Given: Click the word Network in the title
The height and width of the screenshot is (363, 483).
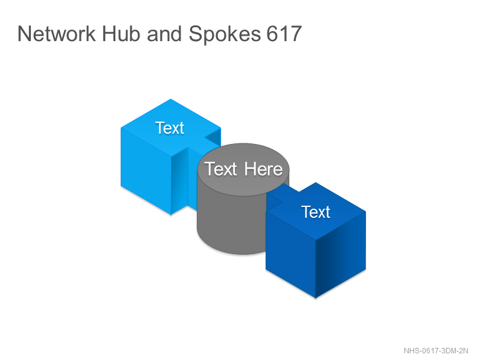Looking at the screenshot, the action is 56,34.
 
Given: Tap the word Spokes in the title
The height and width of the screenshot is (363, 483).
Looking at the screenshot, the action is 225,34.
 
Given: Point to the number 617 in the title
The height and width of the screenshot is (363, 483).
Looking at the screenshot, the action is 284,34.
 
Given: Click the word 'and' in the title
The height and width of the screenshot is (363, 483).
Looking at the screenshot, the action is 164,34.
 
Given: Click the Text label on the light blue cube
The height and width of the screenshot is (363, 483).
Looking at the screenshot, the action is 170,128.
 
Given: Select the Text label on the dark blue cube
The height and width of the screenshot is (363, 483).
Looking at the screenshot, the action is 316,212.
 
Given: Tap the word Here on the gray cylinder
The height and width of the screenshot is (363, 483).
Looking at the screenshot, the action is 263,169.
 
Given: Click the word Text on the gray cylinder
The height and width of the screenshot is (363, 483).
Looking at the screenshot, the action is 220,169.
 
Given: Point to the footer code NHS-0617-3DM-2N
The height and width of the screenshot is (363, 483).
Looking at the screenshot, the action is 436,351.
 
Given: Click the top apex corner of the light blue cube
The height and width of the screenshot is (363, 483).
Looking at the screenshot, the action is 171,99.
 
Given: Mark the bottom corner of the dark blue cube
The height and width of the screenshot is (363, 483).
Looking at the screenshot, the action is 316,298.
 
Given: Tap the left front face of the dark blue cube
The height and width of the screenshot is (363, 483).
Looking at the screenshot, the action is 291,253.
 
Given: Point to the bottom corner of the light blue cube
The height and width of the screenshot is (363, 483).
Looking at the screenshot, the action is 171,214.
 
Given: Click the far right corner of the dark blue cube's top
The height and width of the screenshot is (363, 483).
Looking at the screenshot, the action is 366,211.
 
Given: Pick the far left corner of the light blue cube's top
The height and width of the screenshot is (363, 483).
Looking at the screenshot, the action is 121,128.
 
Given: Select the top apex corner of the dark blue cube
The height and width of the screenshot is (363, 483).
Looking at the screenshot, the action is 316,183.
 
